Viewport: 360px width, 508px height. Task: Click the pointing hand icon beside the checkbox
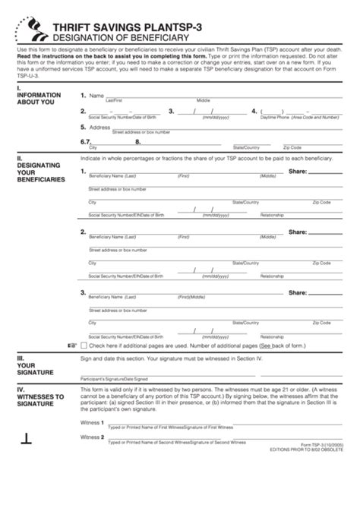(71, 344)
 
